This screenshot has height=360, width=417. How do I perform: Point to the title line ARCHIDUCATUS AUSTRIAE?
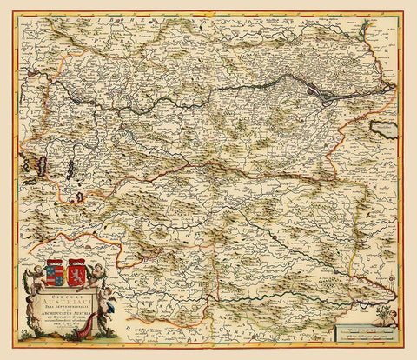[67, 314]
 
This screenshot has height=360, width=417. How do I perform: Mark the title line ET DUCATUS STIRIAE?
[67, 320]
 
